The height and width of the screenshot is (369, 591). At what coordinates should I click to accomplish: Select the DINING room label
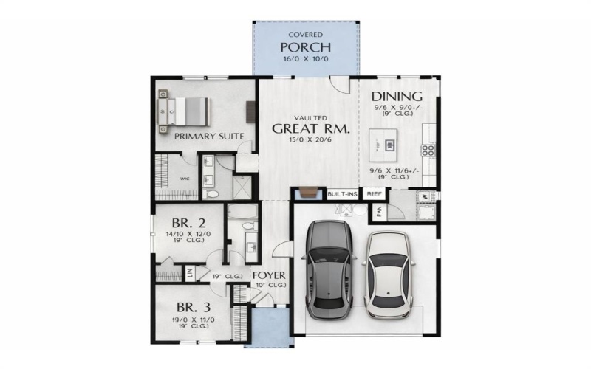397,97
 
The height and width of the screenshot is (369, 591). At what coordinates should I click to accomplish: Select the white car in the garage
387,272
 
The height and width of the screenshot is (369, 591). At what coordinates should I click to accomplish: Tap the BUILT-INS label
342,194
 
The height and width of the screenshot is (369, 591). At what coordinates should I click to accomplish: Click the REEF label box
374,194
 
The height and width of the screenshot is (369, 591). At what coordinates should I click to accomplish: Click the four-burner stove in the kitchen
428,151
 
